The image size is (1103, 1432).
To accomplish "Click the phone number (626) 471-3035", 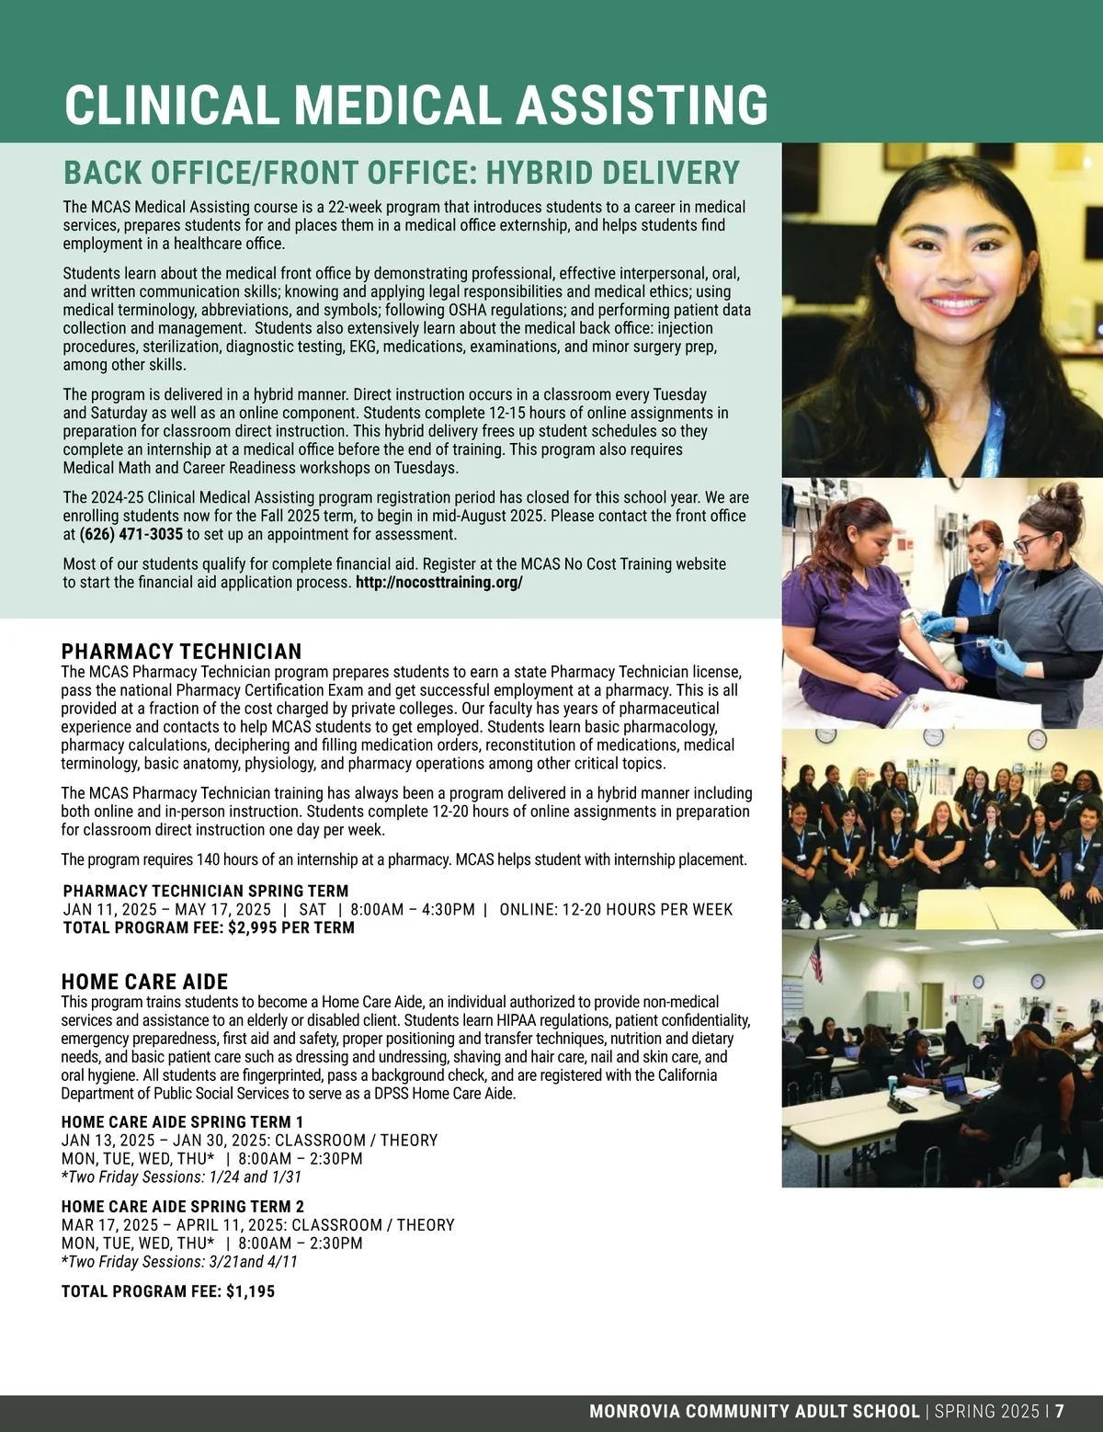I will click(131, 535).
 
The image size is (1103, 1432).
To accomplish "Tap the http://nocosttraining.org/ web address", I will click(438, 583).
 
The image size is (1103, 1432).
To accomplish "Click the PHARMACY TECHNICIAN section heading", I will click(181, 652).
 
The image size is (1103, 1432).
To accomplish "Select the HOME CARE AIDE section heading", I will click(144, 982).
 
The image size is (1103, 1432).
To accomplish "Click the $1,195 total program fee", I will click(250, 1291).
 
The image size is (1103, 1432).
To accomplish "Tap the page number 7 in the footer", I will click(1060, 1411).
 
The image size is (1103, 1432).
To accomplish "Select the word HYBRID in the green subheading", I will click(537, 173).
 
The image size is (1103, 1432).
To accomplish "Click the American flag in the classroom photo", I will click(813, 960).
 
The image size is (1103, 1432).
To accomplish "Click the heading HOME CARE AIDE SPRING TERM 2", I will click(182, 1207).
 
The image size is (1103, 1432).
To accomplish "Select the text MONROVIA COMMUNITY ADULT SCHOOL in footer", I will click(754, 1411).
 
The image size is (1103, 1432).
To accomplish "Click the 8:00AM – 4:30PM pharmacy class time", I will click(413, 910).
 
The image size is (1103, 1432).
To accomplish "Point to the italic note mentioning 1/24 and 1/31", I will click(181, 1177).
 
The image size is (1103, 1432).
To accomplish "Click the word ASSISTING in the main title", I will click(642, 105).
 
